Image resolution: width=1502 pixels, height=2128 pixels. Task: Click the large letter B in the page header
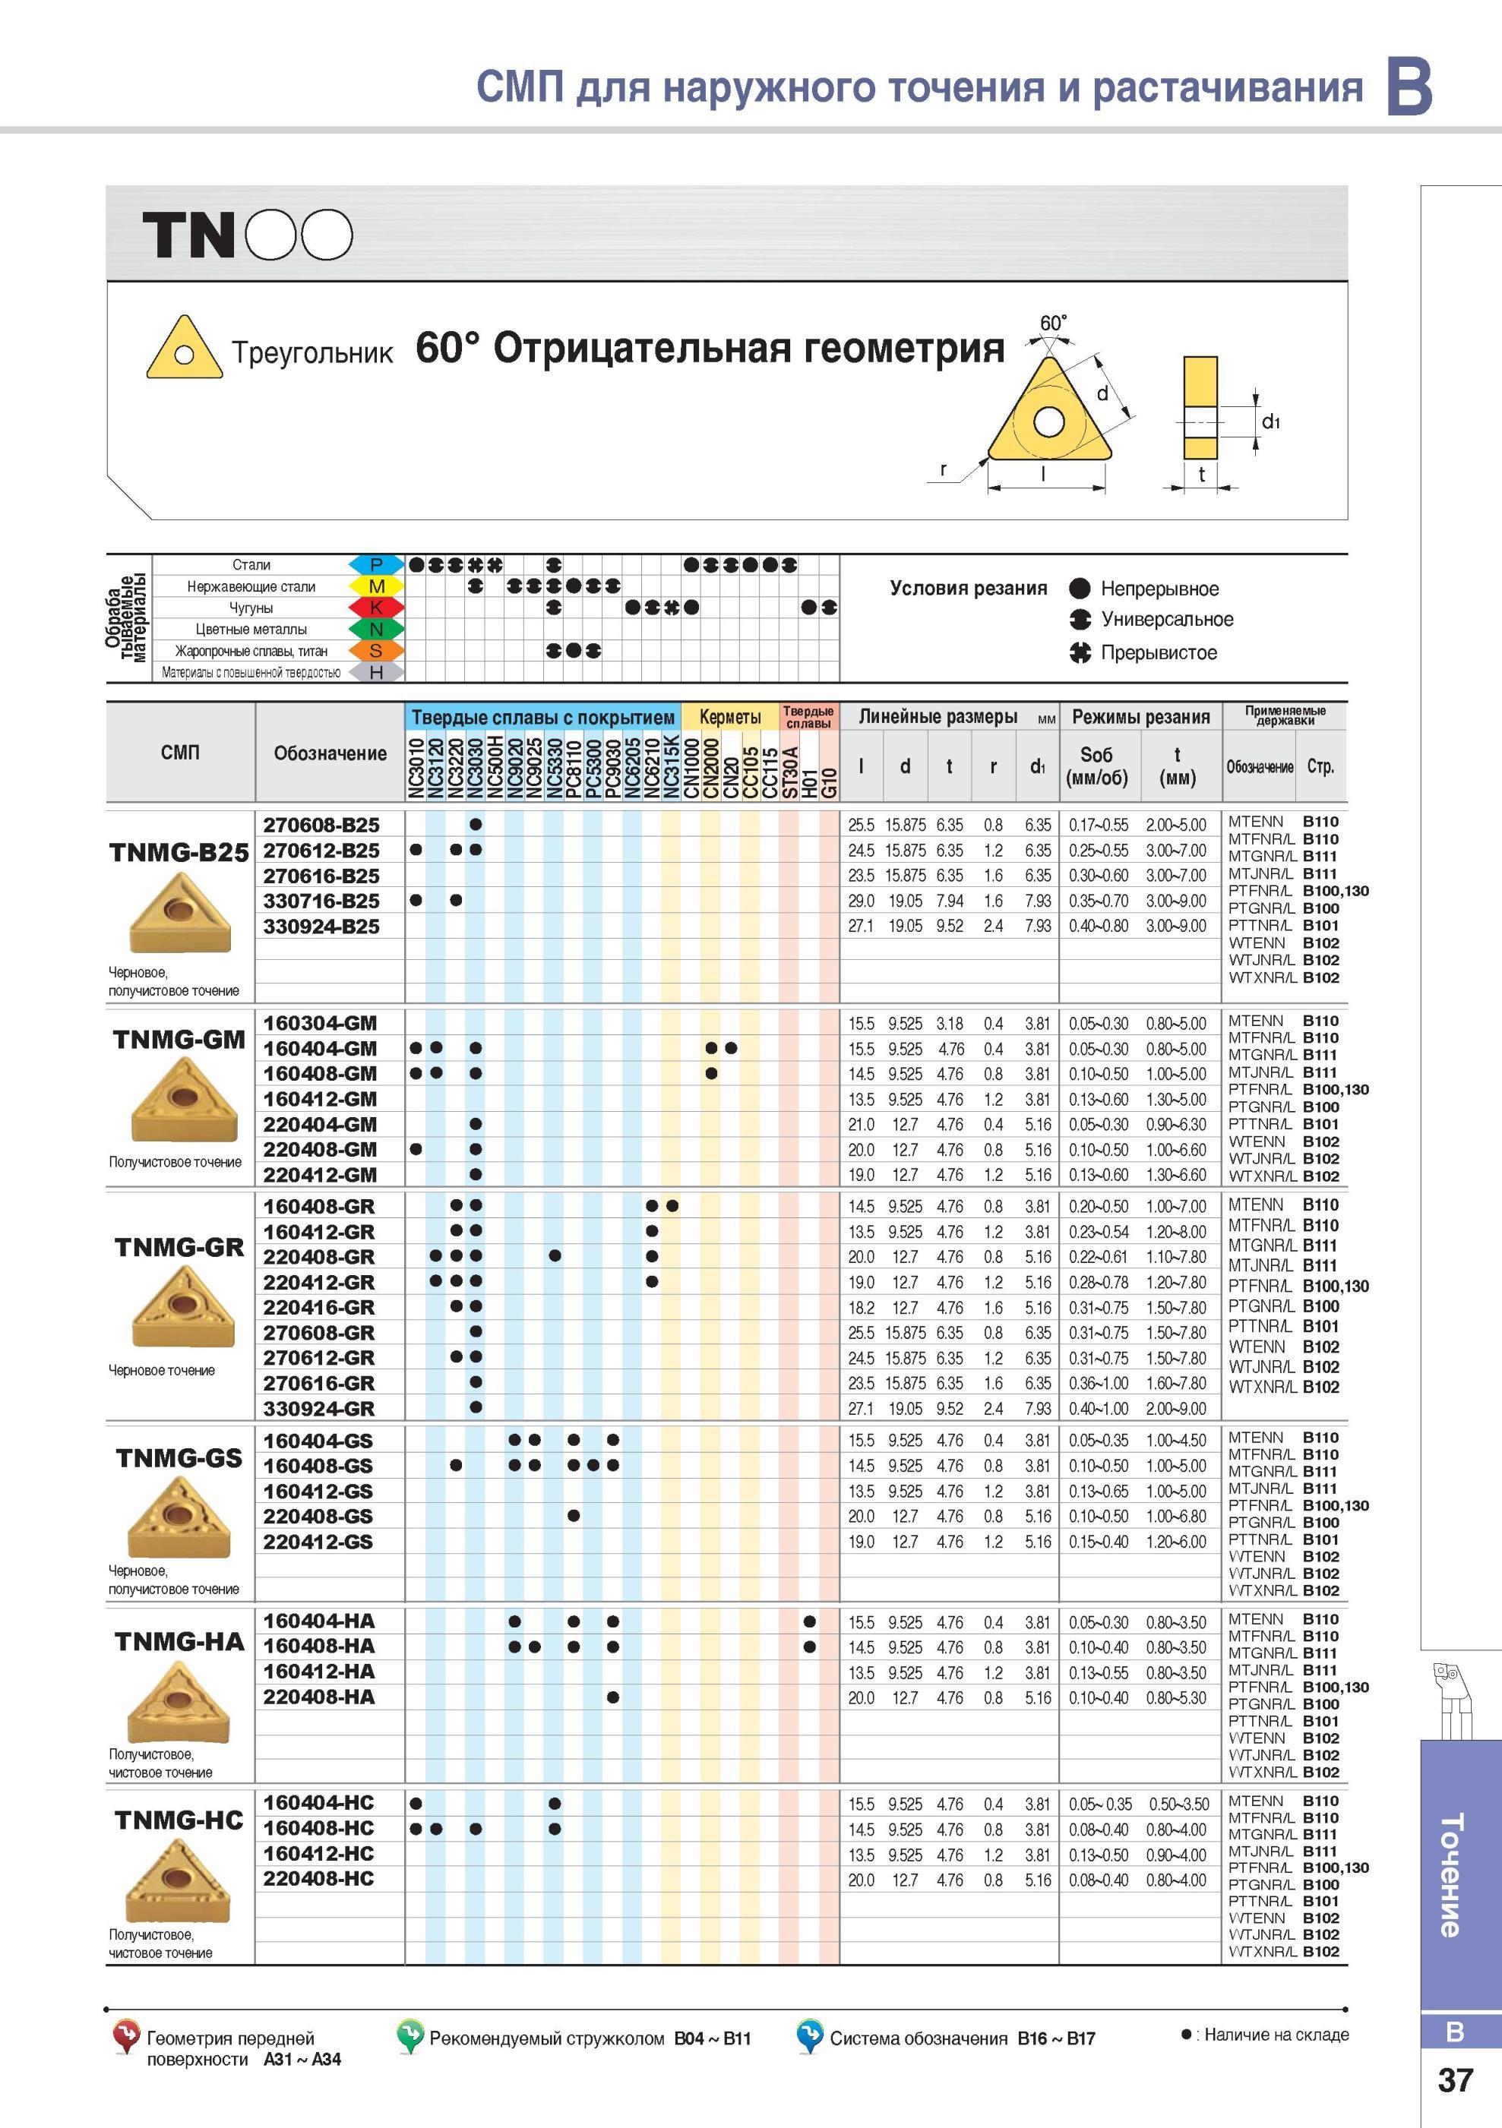(x=1409, y=86)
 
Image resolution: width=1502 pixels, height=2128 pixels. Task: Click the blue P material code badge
(x=376, y=564)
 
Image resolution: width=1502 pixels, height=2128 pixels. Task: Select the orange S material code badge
(x=376, y=651)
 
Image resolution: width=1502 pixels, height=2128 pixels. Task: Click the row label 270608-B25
(x=321, y=825)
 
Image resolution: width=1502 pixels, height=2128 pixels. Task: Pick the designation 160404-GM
(x=321, y=1048)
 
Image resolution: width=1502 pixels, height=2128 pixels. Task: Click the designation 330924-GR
(x=320, y=1408)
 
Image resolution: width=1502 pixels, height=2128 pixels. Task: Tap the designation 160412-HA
(x=320, y=1672)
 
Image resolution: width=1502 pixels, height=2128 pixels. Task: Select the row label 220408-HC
(x=319, y=1879)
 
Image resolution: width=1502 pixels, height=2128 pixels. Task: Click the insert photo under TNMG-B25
(x=179, y=913)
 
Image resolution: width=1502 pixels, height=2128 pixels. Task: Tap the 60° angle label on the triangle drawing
(x=1053, y=324)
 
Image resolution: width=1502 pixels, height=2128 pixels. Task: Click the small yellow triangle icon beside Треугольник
(x=185, y=348)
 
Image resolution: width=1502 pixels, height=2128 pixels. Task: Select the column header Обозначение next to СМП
(x=330, y=753)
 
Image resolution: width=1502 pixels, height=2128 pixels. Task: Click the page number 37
(x=1455, y=2081)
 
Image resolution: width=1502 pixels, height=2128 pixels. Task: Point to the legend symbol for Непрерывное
(x=1080, y=589)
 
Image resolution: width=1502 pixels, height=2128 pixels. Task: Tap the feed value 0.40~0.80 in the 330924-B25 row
(x=1099, y=926)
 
